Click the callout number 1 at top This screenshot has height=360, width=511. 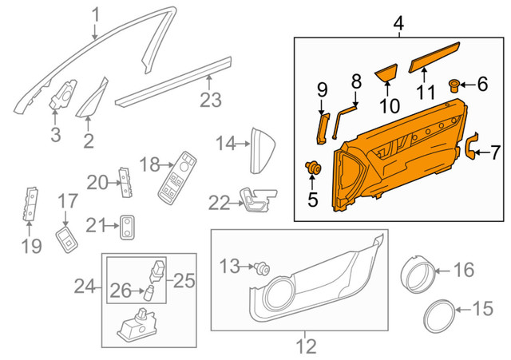coord(96,14)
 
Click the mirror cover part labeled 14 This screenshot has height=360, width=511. coord(262,148)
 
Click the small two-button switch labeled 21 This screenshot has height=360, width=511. coord(128,227)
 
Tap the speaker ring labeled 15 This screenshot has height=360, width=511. coord(437,318)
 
